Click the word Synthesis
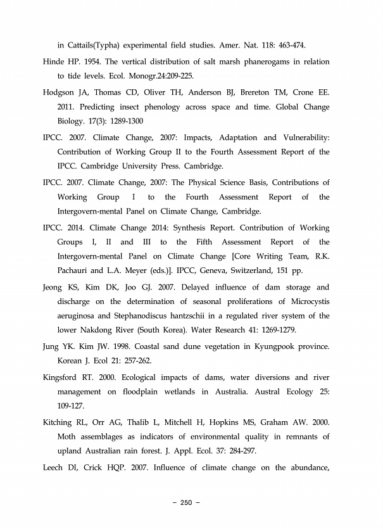(184, 227)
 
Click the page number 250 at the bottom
(185, 503)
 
